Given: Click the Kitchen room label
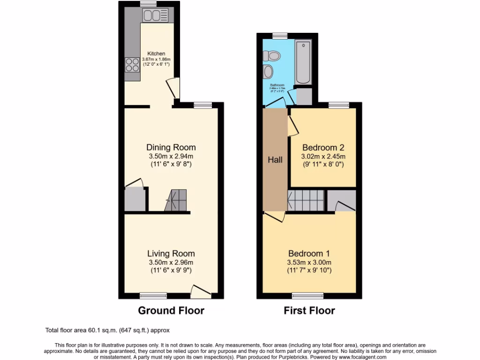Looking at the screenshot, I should pos(156,53).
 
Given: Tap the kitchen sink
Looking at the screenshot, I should pos(152,15).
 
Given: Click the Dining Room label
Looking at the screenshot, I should pos(171,147).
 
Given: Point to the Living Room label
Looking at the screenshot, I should pos(171,254).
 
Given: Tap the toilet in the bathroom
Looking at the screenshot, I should pos(272,56).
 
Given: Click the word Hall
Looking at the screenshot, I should pos(275,160).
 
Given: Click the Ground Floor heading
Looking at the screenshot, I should pos(171,310).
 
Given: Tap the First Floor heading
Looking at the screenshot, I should pos(309,310).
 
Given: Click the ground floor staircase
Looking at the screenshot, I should pos(176,200).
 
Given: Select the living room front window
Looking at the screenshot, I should pos(153,295).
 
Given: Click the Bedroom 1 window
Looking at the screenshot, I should pos(307,295).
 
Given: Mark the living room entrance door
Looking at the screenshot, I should pos(201,292).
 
